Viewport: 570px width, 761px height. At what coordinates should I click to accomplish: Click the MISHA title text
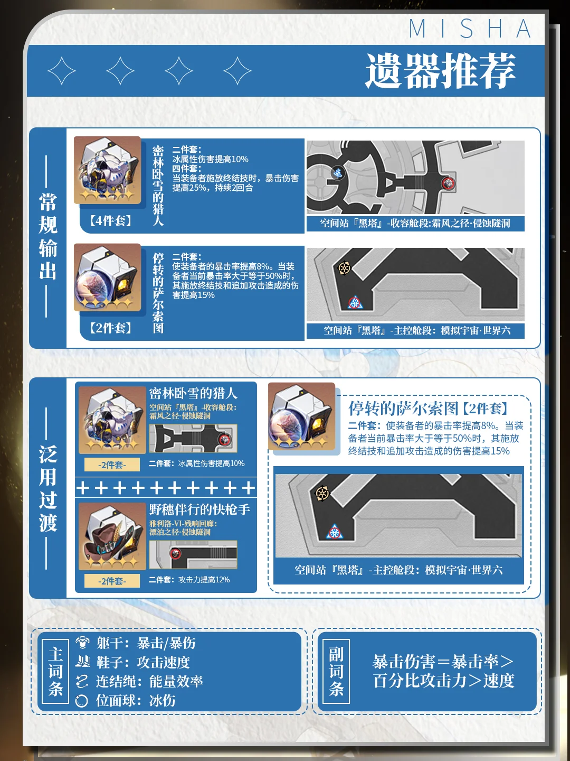[x=470, y=29]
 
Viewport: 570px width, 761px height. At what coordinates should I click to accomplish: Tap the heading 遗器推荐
[x=441, y=71]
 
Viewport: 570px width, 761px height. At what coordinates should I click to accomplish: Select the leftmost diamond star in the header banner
[x=62, y=71]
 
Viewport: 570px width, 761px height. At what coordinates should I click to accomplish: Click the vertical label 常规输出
[x=47, y=236]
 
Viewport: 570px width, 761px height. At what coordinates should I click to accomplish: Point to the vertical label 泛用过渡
[x=47, y=488]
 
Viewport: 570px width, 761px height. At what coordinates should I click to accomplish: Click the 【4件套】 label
[x=111, y=220]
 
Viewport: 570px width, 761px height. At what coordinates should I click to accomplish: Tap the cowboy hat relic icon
[x=112, y=536]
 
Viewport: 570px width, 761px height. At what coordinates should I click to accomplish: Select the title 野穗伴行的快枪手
[x=199, y=509]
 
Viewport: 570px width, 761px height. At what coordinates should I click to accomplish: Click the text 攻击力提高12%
[x=204, y=580]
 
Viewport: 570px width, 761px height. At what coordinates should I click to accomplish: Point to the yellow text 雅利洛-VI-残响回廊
[x=183, y=524]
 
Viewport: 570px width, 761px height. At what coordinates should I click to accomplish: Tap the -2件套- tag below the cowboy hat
[x=112, y=581]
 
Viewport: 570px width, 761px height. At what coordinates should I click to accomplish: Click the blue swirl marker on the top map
[x=337, y=172]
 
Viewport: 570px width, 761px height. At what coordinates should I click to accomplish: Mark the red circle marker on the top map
[x=449, y=183]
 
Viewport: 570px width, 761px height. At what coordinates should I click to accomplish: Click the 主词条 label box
[x=55, y=671]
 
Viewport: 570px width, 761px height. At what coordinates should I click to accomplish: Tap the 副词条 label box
[x=336, y=671]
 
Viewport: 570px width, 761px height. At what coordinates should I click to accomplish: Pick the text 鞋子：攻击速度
[x=143, y=662]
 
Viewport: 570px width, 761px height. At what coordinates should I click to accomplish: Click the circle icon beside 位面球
[x=82, y=701]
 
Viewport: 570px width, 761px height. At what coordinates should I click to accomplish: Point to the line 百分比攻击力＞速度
[x=443, y=681]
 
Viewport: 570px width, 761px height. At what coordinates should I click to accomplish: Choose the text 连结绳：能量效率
[x=149, y=681]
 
